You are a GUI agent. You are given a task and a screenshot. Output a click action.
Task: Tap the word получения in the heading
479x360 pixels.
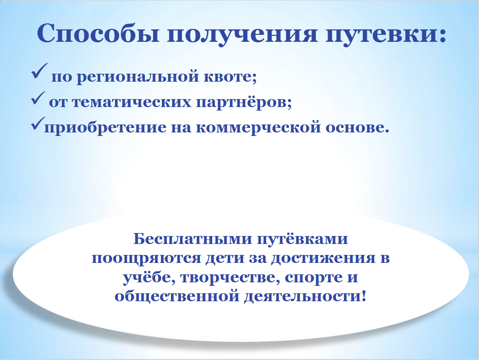point(242,35)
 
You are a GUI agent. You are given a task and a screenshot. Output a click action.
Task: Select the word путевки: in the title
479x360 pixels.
point(386,35)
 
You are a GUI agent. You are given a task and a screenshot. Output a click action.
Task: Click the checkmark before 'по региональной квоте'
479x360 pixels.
point(39,71)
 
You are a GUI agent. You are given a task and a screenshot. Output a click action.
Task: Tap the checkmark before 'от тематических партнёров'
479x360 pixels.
point(38,98)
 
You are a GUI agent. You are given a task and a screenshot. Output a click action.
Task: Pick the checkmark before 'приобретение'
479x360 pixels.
point(38,123)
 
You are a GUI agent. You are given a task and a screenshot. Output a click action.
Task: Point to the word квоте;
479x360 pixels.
point(230,76)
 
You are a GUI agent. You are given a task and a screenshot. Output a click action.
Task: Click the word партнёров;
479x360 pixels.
point(244,102)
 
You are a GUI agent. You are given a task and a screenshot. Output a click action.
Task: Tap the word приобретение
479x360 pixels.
point(105,127)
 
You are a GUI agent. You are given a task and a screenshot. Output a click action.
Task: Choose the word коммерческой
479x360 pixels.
point(258,128)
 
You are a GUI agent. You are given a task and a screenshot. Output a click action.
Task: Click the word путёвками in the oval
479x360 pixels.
point(303,239)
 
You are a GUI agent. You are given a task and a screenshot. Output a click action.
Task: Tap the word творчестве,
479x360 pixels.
point(230,278)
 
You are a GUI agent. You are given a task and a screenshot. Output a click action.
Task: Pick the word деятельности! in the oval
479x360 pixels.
point(305,297)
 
